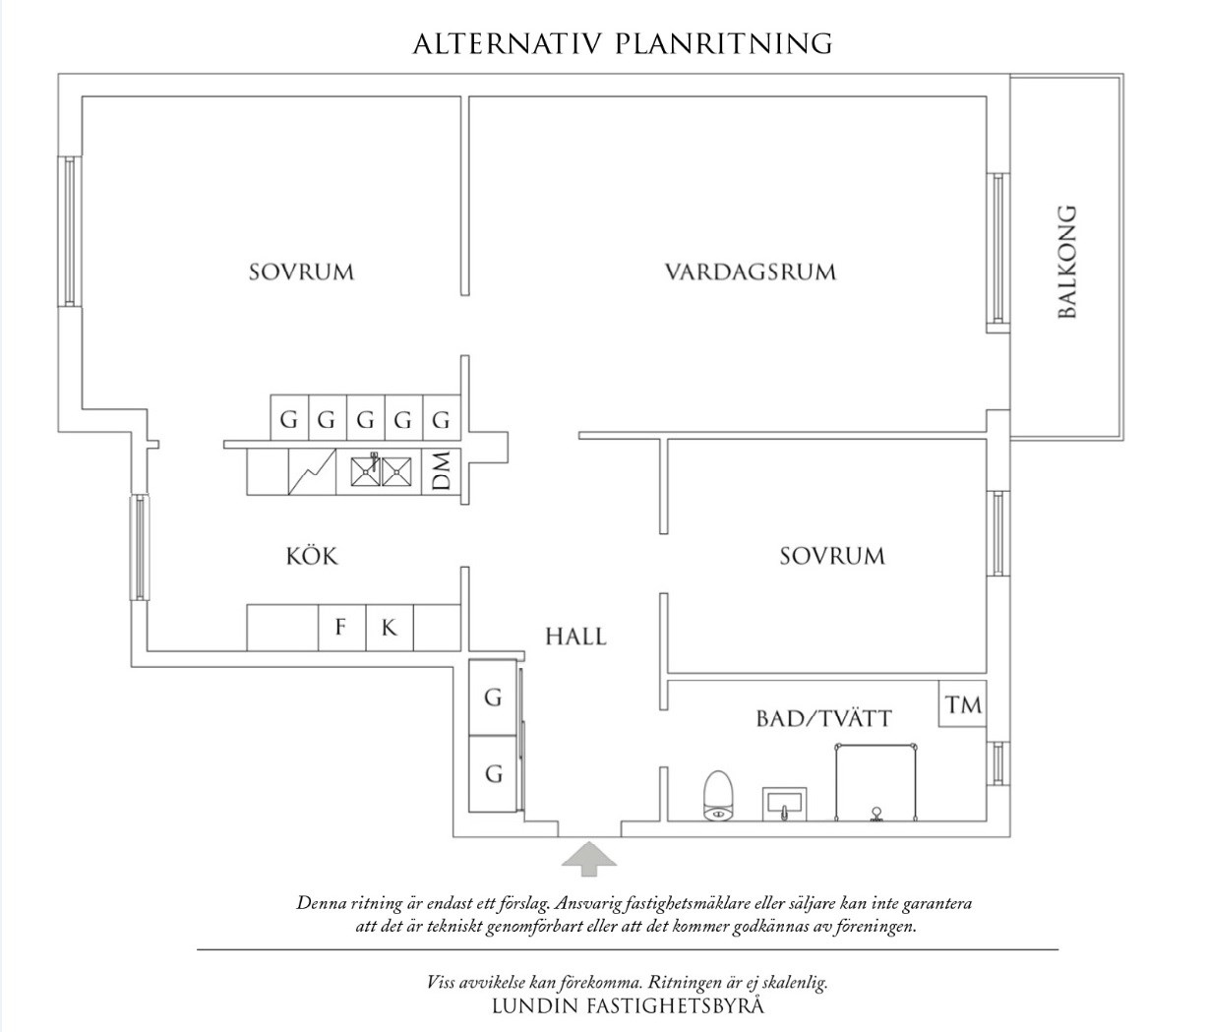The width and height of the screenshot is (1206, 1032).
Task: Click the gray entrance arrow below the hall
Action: (589, 858)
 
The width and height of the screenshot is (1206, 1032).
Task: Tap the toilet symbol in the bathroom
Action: (720, 795)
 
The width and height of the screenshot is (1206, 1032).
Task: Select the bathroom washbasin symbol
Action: (785, 803)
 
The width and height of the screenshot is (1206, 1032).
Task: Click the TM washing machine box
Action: (963, 704)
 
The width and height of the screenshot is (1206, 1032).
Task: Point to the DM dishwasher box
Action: (442, 471)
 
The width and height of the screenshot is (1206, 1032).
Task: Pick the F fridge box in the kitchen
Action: (341, 627)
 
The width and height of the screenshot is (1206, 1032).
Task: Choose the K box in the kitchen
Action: (390, 627)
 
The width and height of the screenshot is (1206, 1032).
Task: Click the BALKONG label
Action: (1067, 261)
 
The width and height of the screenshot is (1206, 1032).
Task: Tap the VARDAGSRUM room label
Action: (750, 272)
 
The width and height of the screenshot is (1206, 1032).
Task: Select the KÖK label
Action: (312, 556)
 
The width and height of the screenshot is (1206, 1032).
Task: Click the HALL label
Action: (576, 637)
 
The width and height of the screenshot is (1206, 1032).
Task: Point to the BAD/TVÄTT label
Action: (823, 718)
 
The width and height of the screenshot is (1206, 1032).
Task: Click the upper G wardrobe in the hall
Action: (494, 698)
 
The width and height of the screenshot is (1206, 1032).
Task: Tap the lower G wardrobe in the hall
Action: (494, 774)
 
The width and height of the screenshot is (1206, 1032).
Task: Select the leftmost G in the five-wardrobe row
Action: (288, 420)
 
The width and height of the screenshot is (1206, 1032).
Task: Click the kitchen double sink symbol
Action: (380, 471)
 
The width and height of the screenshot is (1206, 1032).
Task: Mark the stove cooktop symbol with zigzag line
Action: (313, 472)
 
